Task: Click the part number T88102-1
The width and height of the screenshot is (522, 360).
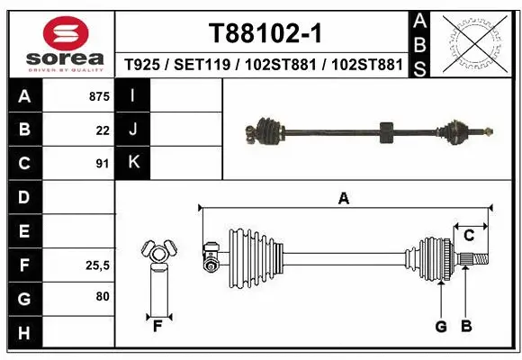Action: click(x=265, y=33)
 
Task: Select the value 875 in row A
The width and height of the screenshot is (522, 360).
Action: click(x=97, y=96)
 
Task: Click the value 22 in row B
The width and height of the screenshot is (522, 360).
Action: click(x=103, y=130)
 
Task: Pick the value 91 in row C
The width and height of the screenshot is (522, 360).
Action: click(x=103, y=164)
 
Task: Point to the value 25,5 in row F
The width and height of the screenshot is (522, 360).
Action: click(x=95, y=265)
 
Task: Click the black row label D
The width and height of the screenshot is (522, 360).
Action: click(x=23, y=197)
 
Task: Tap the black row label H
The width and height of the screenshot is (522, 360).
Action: click(x=23, y=333)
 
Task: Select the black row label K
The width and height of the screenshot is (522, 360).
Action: click(x=133, y=163)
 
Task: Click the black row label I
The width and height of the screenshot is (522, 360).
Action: click(x=133, y=95)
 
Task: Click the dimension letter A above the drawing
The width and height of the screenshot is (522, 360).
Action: click(x=343, y=199)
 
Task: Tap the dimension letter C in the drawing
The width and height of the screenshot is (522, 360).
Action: click(x=469, y=236)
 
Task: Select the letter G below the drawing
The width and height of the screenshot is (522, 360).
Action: click(x=441, y=327)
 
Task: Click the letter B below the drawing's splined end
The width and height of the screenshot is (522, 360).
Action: click(x=466, y=327)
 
